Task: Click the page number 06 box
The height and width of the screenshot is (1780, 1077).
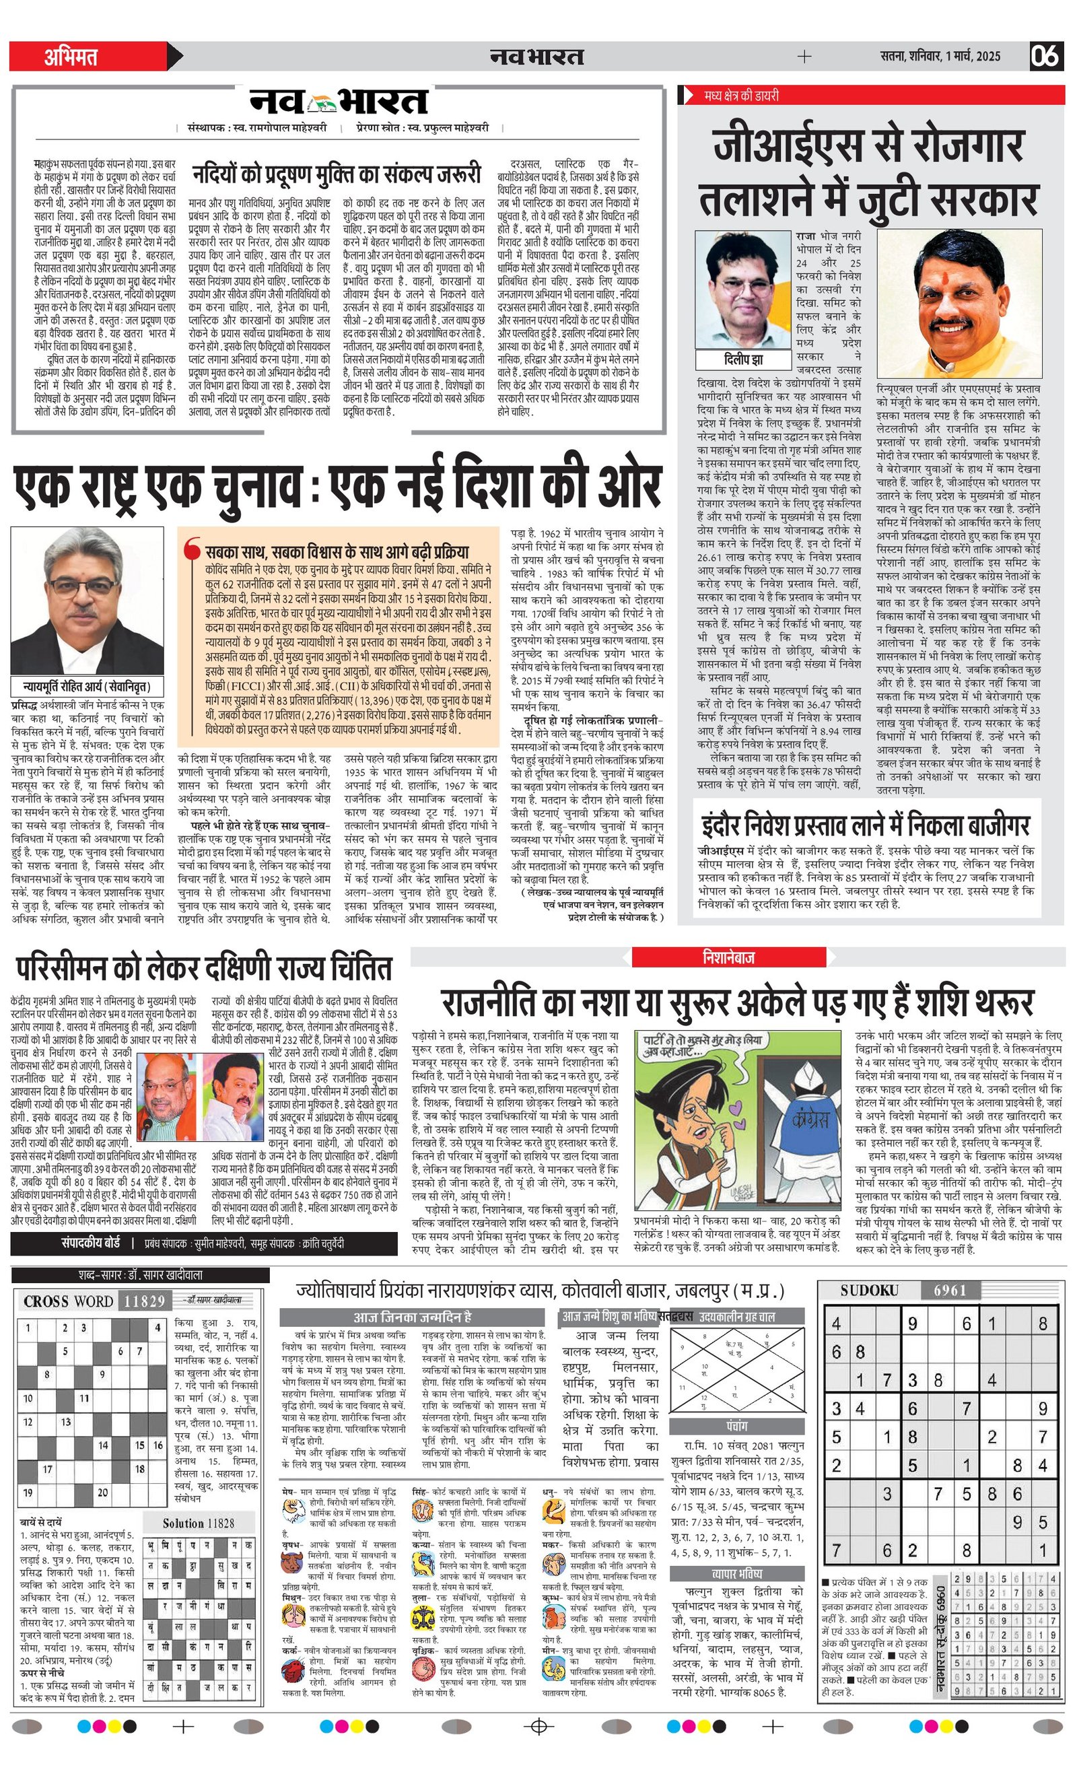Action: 1045,57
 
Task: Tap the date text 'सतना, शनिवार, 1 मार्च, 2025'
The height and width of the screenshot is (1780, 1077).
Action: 940,57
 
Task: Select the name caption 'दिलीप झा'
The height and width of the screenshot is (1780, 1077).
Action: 743,359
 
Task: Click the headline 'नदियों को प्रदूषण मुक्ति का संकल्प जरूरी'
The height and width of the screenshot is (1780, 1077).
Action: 336,174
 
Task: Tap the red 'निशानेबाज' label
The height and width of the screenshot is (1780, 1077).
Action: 728,957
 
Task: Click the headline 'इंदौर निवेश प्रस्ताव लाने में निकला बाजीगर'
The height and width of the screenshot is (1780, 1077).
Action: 866,824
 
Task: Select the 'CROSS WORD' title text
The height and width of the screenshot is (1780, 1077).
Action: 67,1301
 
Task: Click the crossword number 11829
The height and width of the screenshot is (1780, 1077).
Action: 144,1301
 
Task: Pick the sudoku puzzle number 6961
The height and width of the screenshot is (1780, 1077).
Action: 949,1289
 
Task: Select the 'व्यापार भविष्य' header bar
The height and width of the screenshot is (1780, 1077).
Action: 737,1573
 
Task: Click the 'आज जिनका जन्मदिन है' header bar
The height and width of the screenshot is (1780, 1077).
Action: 412,1316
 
